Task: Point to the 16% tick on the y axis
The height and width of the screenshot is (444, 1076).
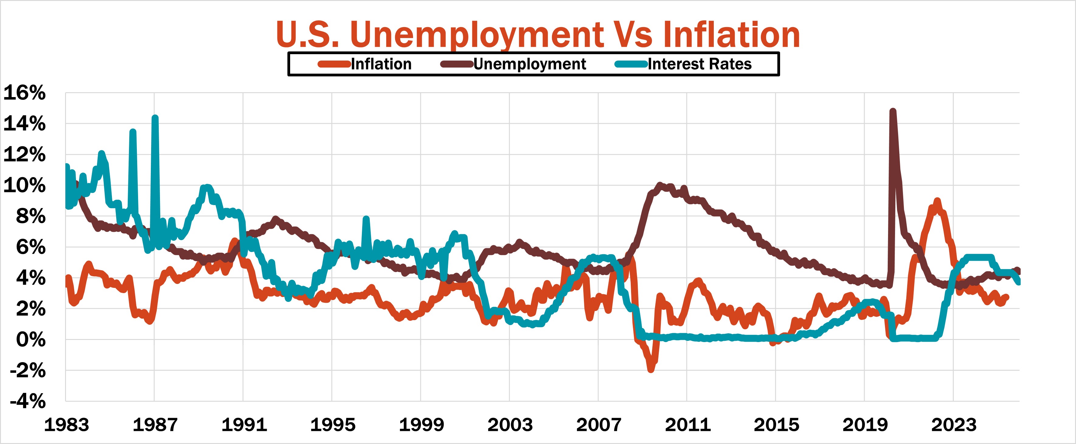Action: click(x=24, y=93)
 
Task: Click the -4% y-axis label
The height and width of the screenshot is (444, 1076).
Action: click(x=28, y=401)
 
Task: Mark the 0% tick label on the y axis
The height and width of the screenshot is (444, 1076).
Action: click(x=30, y=340)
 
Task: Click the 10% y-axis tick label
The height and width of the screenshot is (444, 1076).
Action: click(x=24, y=185)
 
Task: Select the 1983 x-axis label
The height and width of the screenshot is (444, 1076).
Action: click(x=66, y=425)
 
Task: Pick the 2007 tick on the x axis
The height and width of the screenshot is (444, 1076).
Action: click(x=599, y=425)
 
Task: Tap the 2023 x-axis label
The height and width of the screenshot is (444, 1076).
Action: click(x=954, y=425)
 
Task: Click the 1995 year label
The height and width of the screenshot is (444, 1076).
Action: click(x=332, y=425)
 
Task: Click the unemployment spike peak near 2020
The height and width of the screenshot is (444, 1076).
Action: click(x=893, y=111)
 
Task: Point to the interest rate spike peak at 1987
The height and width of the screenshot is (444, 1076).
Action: click(x=155, y=118)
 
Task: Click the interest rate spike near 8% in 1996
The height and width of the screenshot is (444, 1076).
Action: click(x=366, y=219)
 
